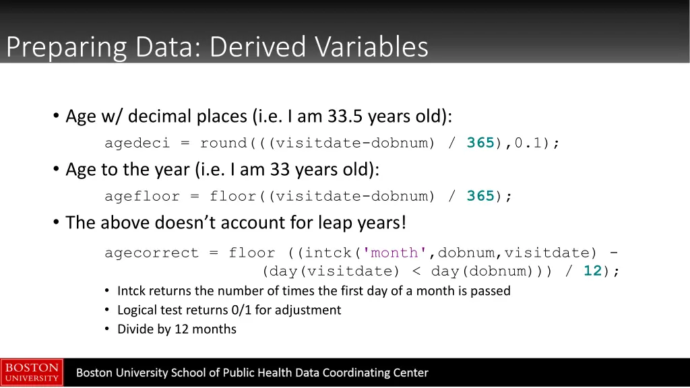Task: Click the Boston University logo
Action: [x=32, y=373]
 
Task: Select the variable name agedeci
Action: [x=137, y=143]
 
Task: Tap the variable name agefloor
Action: [x=142, y=196]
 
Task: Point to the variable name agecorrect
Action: [x=152, y=253]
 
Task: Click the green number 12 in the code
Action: [x=592, y=271]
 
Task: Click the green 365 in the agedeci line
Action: [x=480, y=143]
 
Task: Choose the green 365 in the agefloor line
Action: [x=480, y=196]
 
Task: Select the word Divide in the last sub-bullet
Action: [x=135, y=329]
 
